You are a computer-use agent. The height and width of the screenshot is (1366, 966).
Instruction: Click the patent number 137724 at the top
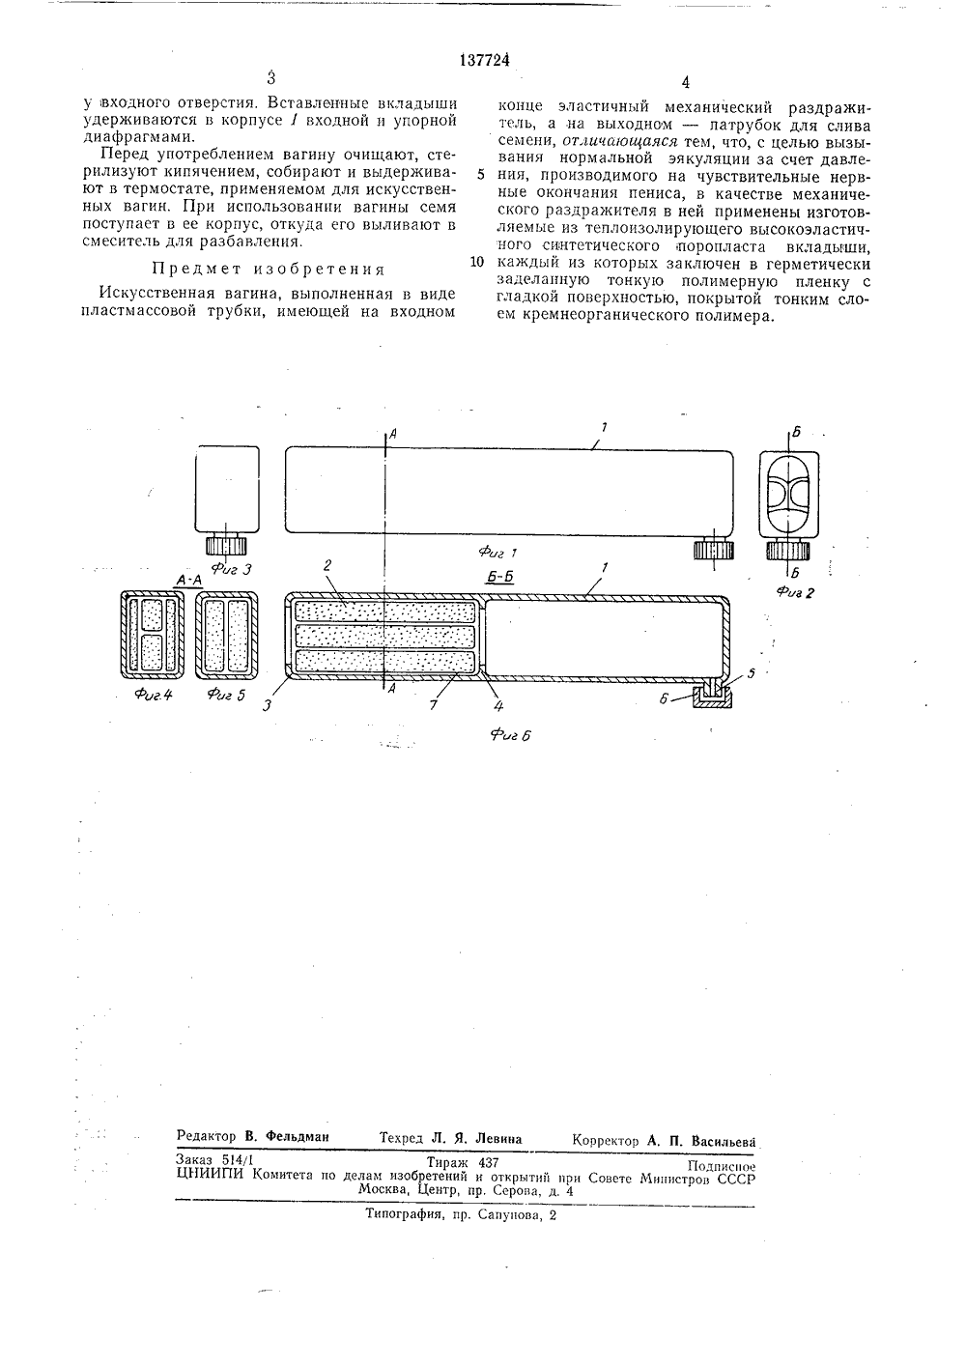(480, 61)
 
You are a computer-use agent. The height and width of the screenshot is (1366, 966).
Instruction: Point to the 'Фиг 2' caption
(796, 592)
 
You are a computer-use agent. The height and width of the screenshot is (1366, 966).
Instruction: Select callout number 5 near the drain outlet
(753, 670)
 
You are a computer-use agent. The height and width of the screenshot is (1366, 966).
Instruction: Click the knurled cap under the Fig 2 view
(791, 551)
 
